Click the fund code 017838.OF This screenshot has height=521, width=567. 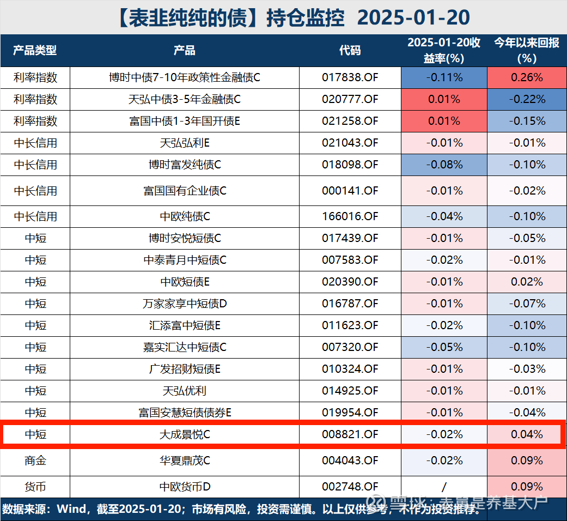[350, 77]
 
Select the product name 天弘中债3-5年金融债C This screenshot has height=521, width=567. [185, 99]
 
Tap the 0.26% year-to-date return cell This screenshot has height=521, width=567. [527, 77]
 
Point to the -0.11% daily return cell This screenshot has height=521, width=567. [444, 77]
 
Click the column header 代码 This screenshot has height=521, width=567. [350, 51]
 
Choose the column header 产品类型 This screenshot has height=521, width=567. [35, 51]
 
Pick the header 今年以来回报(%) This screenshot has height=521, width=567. [527, 50]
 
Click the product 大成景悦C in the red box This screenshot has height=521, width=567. [185, 434]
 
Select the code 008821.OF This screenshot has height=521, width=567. [350, 434]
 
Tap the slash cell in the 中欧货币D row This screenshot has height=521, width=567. [444, 486]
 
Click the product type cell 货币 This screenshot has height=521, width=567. [35, 486]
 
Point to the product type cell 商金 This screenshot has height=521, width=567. [35, 461]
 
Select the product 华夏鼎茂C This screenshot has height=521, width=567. [185, 461]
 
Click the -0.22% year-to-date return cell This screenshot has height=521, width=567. [527, 99]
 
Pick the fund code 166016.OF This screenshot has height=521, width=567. [350, 216]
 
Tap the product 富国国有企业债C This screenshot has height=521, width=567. [185, 191]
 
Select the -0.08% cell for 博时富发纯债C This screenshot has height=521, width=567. [444, 165]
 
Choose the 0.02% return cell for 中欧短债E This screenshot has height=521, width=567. [527, 282]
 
